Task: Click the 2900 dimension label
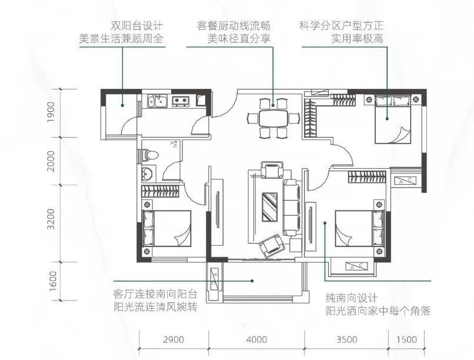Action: pos(173,339)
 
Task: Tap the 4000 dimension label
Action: pos(256,339)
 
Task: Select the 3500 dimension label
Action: pos(347,339)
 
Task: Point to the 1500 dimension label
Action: pos(406,339)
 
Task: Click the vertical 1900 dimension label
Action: pos(51,112)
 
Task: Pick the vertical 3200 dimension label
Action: pos(51,219)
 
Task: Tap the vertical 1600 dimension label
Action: pos(52,281)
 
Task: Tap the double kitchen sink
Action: pos(157,101)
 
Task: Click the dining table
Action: pos(273,118)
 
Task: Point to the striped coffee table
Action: pos(270,206)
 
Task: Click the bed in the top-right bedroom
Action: pos(393,119)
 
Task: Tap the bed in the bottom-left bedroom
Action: pos(166,228)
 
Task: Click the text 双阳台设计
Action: pos(137,26)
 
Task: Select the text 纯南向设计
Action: pos(352,298)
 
